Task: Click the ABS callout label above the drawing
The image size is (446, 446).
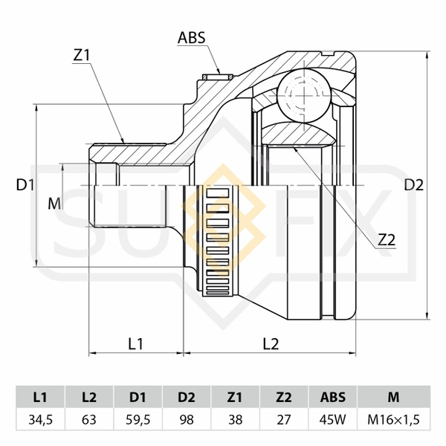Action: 191,36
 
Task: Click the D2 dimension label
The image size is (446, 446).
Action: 414,185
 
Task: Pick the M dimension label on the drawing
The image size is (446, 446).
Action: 53,203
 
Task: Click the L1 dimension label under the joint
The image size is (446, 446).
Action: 135,343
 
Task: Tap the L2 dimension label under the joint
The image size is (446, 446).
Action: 271,343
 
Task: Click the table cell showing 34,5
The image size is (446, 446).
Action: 40,419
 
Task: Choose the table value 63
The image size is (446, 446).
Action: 89,419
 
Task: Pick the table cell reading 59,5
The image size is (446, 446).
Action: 138,419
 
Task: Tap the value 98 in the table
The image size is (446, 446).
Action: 187,419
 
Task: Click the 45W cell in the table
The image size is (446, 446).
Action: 332,419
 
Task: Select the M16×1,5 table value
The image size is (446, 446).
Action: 393,419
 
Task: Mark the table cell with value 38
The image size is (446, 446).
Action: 236,419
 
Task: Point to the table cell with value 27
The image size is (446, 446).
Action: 284,419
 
